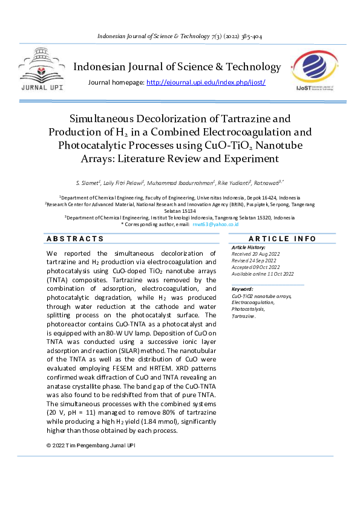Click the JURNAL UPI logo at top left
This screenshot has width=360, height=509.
(41, 72)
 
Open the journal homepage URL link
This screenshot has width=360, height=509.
(206, 82)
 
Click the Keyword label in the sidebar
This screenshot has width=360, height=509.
(242, 290)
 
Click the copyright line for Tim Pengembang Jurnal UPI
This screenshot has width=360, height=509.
(91, 446)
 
